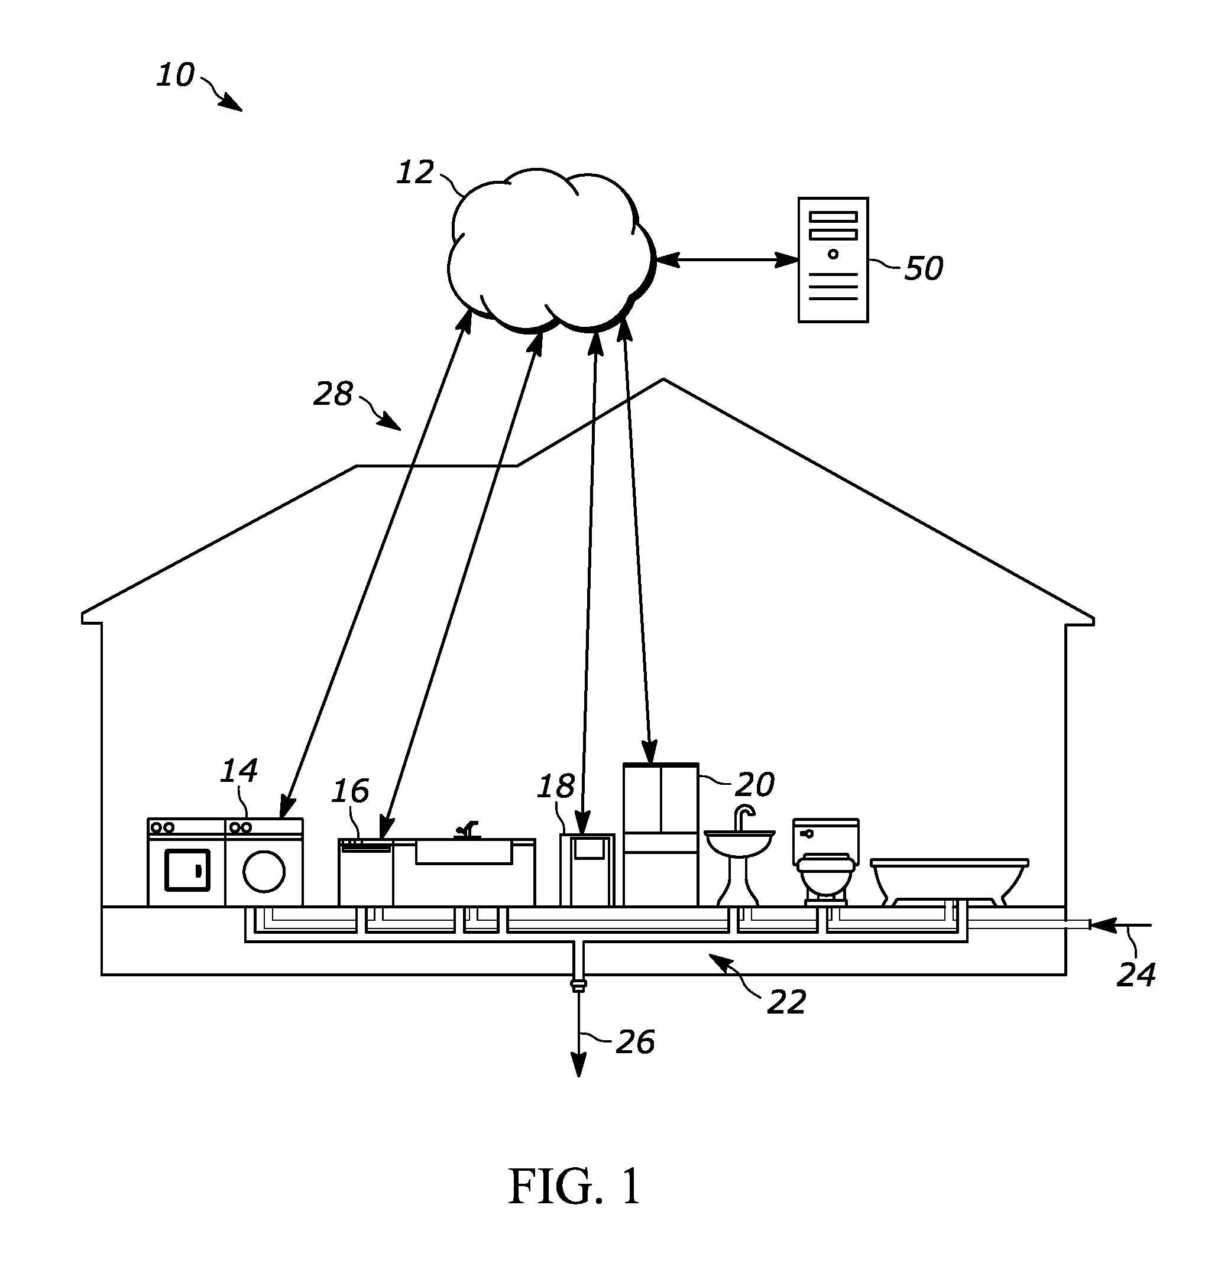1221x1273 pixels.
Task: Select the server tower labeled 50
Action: tap(833, 260)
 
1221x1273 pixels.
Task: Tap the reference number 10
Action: tap(176, 75)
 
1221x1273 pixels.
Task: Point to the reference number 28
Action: tap(333, 394)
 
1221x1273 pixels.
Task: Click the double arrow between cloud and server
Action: tap(727, 261)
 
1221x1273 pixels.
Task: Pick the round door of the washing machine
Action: tap(264, 872)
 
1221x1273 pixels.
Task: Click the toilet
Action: tap(826, 861)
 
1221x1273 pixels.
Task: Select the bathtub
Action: tap(950, 881)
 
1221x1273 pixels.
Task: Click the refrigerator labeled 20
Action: tap(661, 834)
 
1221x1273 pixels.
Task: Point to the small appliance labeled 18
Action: tap(587, 871)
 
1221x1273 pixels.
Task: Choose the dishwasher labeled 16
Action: tap(365, 872)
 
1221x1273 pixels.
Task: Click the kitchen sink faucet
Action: tap(467, 829)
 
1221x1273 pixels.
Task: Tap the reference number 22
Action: tap(786, 1002)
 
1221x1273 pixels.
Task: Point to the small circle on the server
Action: tap(833, 254)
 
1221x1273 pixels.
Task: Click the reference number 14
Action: tap(239, 770)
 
